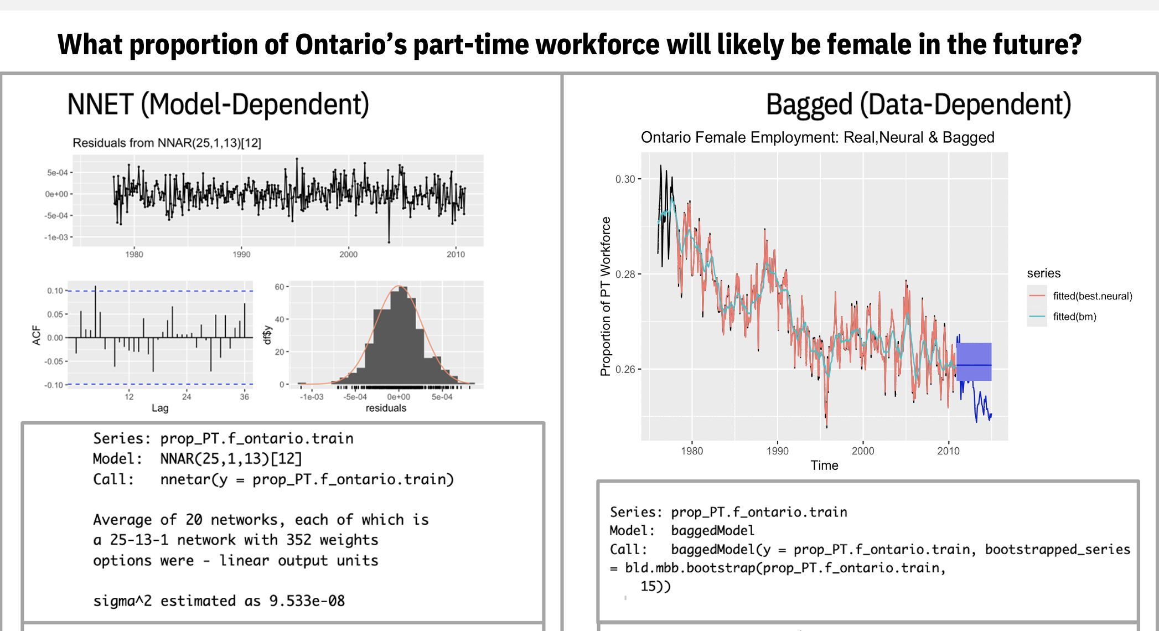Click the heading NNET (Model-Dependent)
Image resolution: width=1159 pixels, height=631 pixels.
coord(218,105)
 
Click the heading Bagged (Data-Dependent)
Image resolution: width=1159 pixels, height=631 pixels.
coord(918,105)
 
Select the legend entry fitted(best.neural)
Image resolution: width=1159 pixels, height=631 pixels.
coord(1092,296)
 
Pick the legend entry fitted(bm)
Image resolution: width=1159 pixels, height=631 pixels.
coord(1074,317)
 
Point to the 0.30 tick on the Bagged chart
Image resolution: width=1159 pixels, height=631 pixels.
coord(625,179)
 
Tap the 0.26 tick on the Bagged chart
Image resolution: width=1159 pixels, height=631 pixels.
coord(625,369)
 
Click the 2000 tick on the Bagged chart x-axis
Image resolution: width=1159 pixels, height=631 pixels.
coord(862,451)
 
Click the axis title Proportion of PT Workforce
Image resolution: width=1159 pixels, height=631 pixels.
coord(606,296)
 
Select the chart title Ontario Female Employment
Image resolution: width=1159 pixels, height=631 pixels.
coord(817,137)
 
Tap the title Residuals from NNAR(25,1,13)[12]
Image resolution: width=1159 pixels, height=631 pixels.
coord(167,143)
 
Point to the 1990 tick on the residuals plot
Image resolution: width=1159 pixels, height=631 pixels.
coord(241,255)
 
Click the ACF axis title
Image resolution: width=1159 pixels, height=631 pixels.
coord(37,335)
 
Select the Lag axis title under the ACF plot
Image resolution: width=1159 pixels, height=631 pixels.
coord(160,408)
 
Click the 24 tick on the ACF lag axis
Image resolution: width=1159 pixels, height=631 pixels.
coord(187,397)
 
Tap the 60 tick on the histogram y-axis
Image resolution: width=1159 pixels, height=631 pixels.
coord(279,287)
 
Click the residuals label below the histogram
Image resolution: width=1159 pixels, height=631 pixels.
coord(386,408)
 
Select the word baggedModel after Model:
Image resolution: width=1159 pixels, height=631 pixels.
coord(712,530)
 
